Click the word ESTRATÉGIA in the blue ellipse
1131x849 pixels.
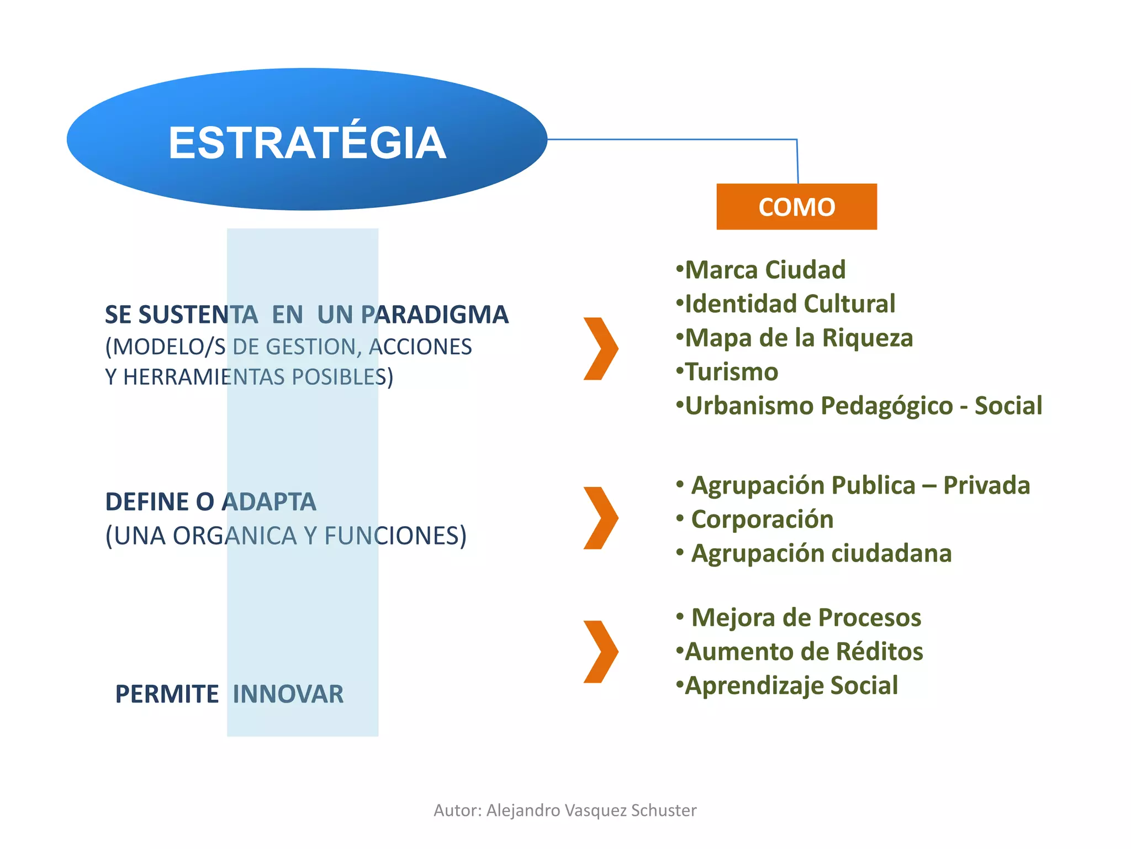[307, 143]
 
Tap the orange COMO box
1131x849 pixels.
[796, 207]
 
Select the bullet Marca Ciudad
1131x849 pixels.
[761, 270]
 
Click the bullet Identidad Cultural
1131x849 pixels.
[785, 303]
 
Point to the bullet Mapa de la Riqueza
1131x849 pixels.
[794, 338]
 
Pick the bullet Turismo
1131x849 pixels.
[728, 371]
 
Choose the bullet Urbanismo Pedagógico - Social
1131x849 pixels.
[859, 405]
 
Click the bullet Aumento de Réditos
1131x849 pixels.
[800, 651]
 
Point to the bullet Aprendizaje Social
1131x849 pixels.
[788, 685]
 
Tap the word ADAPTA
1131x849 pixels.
[269, 502]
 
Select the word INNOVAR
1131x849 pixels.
[288, 694]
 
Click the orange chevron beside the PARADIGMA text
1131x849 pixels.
[601, 349]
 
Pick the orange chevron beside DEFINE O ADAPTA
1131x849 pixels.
[601, 518]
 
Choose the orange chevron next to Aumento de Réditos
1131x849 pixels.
[601, 652]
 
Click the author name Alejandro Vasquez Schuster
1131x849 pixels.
[591, 810]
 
